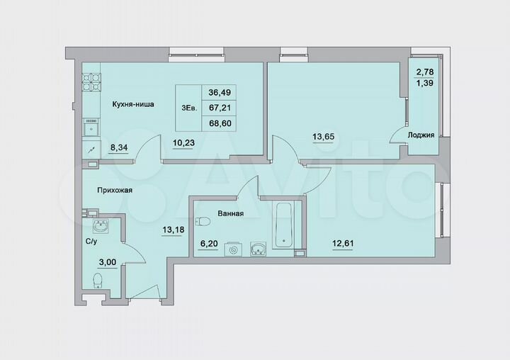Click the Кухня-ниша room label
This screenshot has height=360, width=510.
(x=132, y=104)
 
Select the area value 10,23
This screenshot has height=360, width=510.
(x=183, y=141)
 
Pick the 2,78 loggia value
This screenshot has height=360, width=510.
(x=425, y=72)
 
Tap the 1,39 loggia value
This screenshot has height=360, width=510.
(x=425, y=83)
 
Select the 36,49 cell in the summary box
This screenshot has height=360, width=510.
(x=219, y=92)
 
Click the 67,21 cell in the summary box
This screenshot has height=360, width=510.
(x=219, y=108)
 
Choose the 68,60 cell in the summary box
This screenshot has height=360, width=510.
(x=219, y=123)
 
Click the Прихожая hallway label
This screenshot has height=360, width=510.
(x=115, y=190)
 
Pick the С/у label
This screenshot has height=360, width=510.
(x=91, y=241)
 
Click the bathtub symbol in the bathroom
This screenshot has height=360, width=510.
(x=284, y=223)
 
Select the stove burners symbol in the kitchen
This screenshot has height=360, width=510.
(x=90, y=82)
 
